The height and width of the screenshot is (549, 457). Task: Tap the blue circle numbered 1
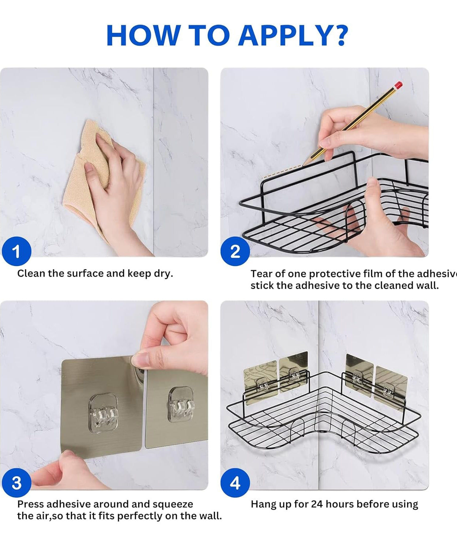tap(16, 251)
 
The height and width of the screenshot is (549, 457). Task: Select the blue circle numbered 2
tap(235, 251)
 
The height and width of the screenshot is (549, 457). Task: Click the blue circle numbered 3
tap(16, 483)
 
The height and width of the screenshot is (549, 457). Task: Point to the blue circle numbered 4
tap(235, 483)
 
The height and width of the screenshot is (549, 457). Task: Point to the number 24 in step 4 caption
tap(317, 504)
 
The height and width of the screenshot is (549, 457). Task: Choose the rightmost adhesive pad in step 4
tap(391, 386)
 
